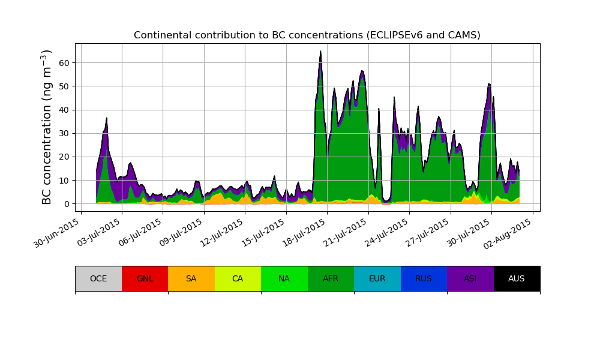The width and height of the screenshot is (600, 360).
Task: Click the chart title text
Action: [307, 35]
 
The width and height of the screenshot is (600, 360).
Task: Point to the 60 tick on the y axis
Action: [64, 63]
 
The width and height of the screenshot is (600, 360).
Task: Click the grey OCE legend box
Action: [98, 278]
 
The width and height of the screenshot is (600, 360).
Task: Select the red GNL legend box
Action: [145, 278]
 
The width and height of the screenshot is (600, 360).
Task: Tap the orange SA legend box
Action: [191, 278]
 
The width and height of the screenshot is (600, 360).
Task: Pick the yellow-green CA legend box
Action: [238, 278]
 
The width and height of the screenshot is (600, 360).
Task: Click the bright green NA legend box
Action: [284, 278]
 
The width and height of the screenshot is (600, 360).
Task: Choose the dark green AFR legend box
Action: [331, 278]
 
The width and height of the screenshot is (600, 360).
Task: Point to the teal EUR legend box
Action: [377, 278]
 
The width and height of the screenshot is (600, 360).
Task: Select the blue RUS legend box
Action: [424, 278]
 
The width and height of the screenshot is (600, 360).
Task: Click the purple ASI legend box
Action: [470, 278]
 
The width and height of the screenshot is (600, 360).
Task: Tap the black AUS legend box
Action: [517, 278]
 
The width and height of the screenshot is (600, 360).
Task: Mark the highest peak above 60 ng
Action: [320, 52]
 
